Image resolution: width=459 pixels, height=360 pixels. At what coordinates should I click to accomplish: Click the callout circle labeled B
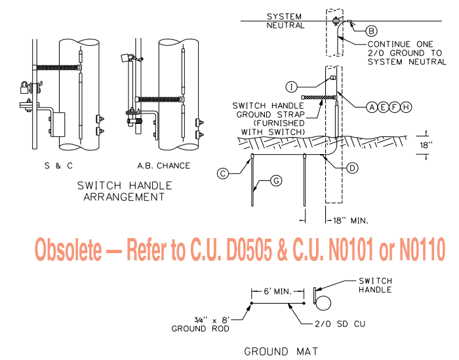pos(371,30)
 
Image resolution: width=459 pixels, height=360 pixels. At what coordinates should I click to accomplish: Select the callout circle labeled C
pos(223,173)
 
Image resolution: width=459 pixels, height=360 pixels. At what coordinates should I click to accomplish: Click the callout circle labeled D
pos(353,168)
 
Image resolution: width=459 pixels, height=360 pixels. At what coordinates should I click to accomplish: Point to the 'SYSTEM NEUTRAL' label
pos(285,21)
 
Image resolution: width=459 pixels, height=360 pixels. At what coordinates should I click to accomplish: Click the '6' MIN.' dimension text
pos(278,289)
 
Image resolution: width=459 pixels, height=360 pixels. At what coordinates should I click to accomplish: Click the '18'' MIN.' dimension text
pos(351,220)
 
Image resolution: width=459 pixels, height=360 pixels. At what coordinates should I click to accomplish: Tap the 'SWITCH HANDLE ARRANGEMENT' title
pos(121,191)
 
